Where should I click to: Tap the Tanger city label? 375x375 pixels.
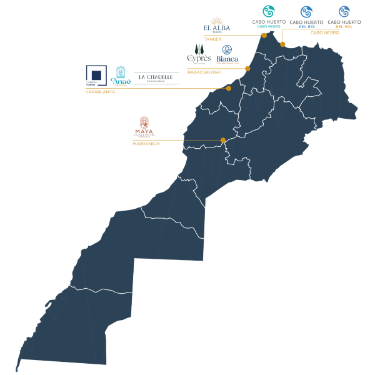pyautogui.click(x=212, y=39)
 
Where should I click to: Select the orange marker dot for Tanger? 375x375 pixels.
pyautogui.click(x=264, y=36)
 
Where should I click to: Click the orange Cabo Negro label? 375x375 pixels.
pyautogui.click(x=324, y=32)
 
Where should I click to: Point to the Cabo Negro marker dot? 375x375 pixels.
pyautogui.click(x=282, y=44)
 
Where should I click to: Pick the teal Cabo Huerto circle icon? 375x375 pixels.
pyautogui.click(x=269, y=11)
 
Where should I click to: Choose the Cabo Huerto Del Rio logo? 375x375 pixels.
pyautogui.click(x=306, y=12)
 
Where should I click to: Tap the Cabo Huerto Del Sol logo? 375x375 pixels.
pyautogui.click(x=344, y=12)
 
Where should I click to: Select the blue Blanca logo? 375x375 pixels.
pyautogui.click(x=227, y=54)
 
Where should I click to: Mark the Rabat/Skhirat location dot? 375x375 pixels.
pyautogui.click(x=247, y=68)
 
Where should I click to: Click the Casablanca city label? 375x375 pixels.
pyautogui.click(x=100, y=92)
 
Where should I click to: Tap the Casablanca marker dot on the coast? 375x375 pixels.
pyautogui.click(x=229, y=88)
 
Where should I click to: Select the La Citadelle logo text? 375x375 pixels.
pyautogui.click(x=156, y=77)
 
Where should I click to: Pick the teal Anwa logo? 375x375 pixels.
pyautogui.click(x=121, y=75)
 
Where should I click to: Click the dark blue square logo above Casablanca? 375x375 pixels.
pyautogui.click(x=96, y=74)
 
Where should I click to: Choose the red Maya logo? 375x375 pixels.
pyautogui.click(x=144, y=126)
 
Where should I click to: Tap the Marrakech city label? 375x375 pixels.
pyautogui.click(x=146, y=144)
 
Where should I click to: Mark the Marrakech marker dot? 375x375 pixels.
pyautogui.click(x=223, y=140)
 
